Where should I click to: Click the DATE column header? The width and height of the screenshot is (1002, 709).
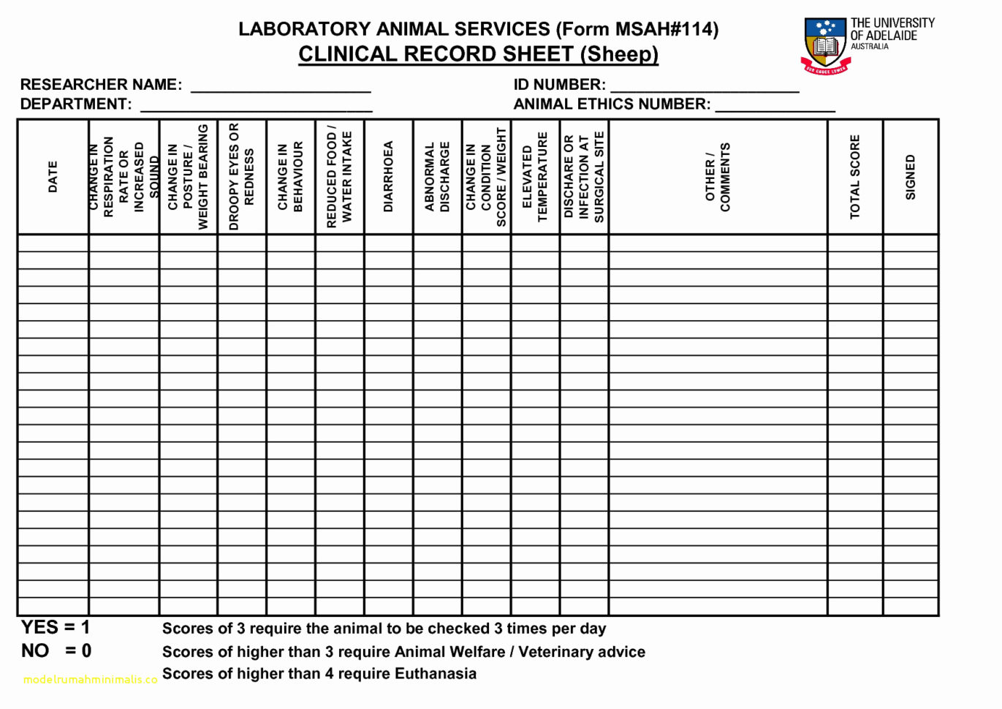[x=53, y=177]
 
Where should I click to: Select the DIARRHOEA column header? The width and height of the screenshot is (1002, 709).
[x=388, y=177]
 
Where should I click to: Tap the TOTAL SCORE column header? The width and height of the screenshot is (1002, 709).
[x=854, y=177]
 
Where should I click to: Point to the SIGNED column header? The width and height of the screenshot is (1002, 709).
[x=910, y=177]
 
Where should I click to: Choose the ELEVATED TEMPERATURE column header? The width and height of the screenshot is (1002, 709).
[x=535, y=177]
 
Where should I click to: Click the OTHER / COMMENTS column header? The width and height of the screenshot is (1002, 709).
[x=717, y=177]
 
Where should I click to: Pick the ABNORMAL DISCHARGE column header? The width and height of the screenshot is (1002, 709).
[x=437, y=177]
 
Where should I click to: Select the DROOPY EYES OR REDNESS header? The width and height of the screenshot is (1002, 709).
[x=241, y=177]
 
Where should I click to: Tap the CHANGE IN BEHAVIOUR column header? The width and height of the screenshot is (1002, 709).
[x=290, y=177]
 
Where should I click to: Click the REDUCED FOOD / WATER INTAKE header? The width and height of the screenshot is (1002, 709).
[x=339, y=177]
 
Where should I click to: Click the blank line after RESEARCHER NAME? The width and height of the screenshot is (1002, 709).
[x=281, y=88]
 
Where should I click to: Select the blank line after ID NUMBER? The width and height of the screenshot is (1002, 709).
[x=705, y=88]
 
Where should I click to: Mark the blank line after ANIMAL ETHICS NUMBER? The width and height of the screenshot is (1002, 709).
[x=775, y=107]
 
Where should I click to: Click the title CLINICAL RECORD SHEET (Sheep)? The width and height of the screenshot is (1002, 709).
[x=478, y=54]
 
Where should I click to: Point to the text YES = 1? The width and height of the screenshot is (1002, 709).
[x=56, y=627]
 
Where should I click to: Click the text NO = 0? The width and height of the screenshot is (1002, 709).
[x=56, y=651]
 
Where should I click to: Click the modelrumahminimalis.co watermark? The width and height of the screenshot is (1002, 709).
[x=90, y=680]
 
